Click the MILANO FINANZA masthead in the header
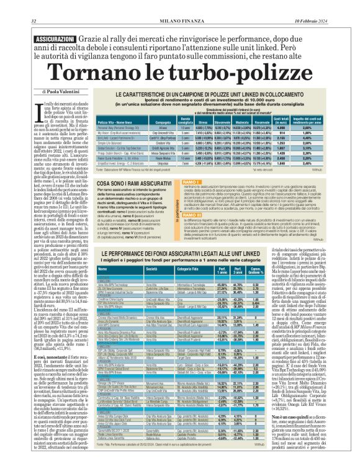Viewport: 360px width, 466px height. pyautogui.click(x=179, y=6)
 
